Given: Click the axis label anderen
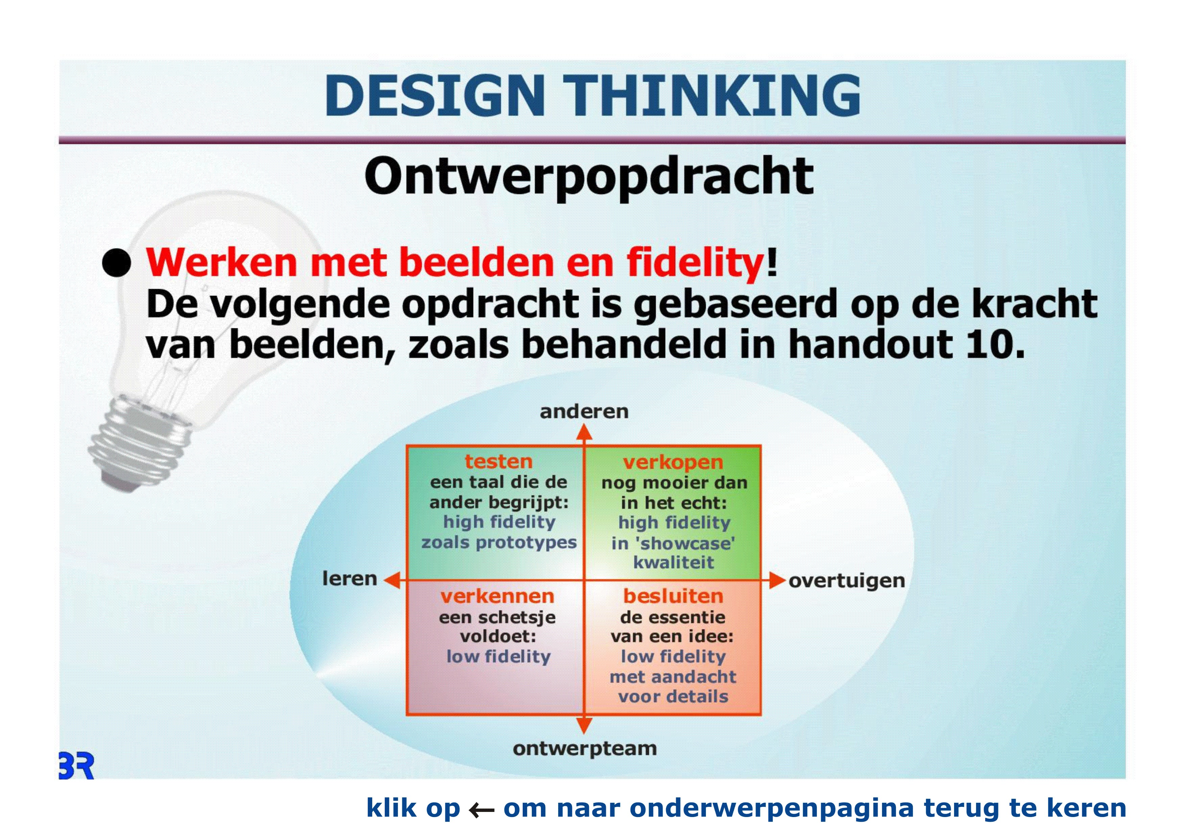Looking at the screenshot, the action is [x=584, y=412].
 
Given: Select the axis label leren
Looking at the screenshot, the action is [x=349, y=579].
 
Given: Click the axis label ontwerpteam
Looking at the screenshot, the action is [x=585, y=749].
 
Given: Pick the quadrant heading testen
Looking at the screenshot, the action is [x=498, y=461].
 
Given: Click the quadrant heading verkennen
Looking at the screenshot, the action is [x=497, y=596].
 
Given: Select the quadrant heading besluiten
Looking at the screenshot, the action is [x=673, y=596].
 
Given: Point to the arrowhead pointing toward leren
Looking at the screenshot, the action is [x=393, y=580].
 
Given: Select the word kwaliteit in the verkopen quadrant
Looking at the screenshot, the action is [x=673, y=563].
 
